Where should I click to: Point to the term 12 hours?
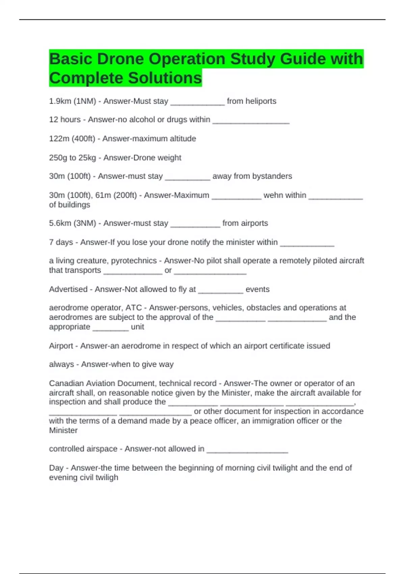(x=65, y=120)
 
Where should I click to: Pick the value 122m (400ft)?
(x=72, y=139)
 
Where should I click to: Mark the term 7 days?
(x=61, y=242)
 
